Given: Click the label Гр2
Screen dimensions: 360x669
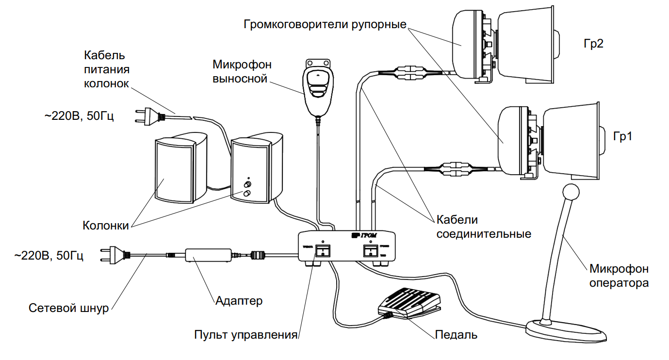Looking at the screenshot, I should point(593,44).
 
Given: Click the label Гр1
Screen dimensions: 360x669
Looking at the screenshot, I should point(622,136).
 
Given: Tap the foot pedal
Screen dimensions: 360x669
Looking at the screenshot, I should point(408,302).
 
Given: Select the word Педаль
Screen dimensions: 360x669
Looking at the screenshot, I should point(456,334).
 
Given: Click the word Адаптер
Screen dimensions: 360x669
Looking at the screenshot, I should point(239,301).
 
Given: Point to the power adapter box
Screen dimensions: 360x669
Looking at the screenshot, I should point(208,255).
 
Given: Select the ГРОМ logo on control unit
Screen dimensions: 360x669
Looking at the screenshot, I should point(363,235).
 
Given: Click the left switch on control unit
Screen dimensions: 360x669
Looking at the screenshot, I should point(322,250).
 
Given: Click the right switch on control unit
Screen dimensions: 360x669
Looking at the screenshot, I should point(370,250).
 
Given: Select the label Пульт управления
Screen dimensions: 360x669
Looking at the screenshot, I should point(245,335).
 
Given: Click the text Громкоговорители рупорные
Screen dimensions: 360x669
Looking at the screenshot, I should point(325,24).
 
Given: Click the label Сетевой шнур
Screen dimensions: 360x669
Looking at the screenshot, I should point(68,308).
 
